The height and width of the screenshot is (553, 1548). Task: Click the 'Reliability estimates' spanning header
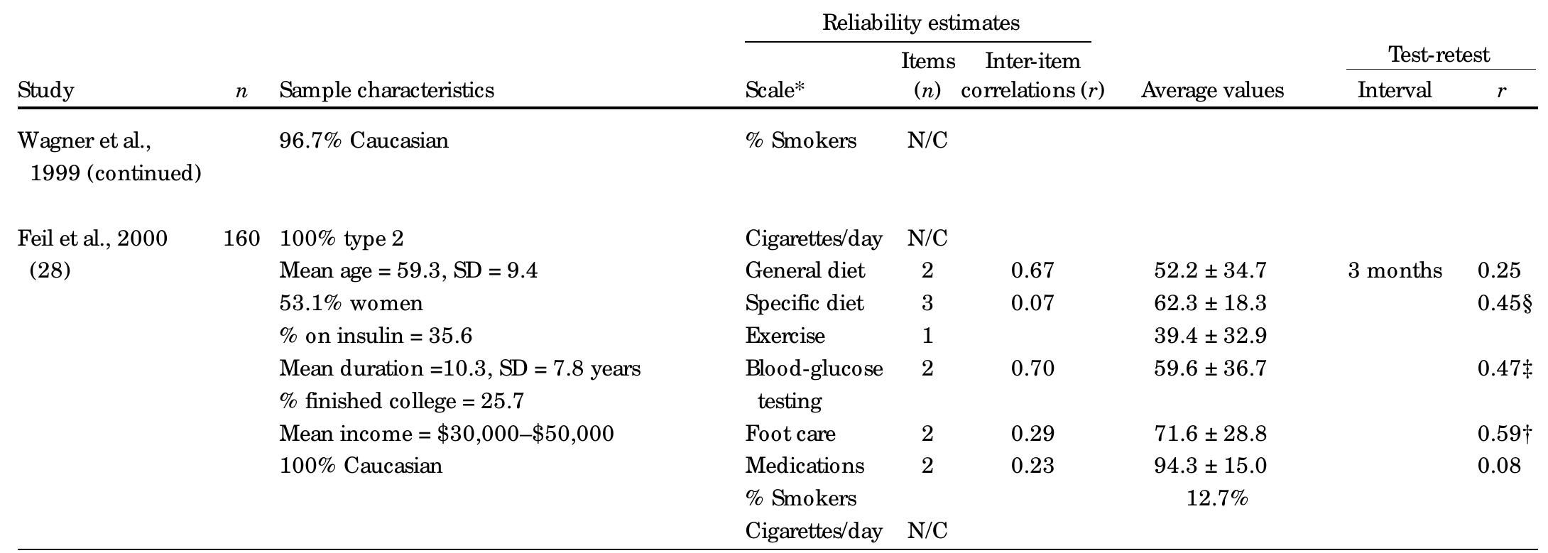(920, 23)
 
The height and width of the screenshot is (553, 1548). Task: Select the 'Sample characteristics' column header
(386, 91)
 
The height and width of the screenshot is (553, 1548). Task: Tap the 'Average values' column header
(1212, 91)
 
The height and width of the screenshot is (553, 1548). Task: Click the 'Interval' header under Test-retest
(1394, 91)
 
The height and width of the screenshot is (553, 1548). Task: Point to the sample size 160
(241, 239)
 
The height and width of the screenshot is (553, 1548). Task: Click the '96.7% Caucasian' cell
(364, 141)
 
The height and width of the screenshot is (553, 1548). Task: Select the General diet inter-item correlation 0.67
(1032, 270)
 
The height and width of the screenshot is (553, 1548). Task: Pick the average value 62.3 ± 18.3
(1209, 304)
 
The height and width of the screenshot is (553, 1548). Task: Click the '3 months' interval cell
(1395, 270)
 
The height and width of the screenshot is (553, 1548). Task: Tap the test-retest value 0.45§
(1504, 304)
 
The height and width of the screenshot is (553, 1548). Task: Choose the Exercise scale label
(785, 336)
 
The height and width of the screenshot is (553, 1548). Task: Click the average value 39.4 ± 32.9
(1209, 336)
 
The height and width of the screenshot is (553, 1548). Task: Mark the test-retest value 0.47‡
(1504, 368)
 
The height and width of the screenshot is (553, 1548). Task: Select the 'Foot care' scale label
(790, 434)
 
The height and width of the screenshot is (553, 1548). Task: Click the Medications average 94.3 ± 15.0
(1209, 466)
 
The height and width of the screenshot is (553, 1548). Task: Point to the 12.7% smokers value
(1216, 498)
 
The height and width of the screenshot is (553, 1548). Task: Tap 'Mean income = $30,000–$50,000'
(446, 434)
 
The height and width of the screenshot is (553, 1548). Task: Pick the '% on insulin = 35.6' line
(375, 336)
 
